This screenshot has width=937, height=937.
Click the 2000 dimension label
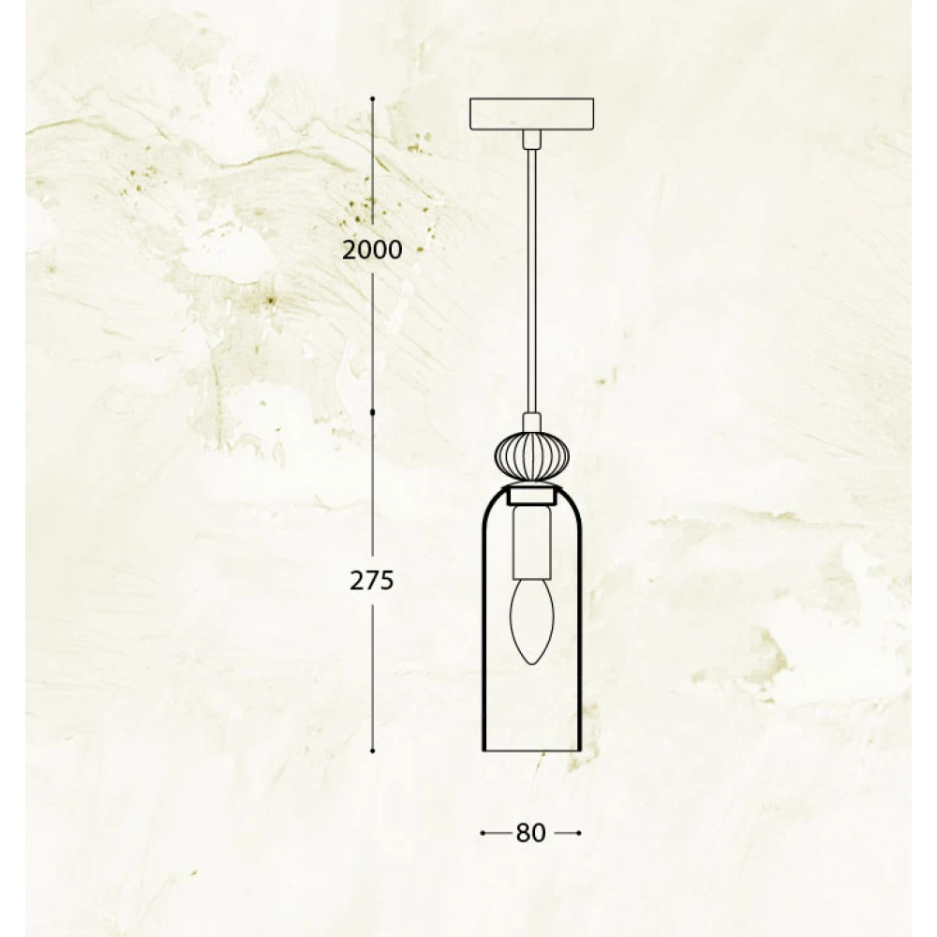pos(372,250)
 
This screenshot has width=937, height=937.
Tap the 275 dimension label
pos(372,580)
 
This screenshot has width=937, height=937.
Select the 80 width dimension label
pos(530,833)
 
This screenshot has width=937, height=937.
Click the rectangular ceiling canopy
pos(532,114)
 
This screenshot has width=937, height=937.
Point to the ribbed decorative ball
pos(532,454)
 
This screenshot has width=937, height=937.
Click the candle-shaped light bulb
pos(532,621)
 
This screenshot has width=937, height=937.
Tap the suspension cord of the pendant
pos(532,281)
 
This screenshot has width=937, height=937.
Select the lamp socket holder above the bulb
pos(532,543)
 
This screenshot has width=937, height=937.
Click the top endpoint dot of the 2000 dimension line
pos(372,98)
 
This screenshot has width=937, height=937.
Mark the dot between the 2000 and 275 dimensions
pos(372,413)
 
